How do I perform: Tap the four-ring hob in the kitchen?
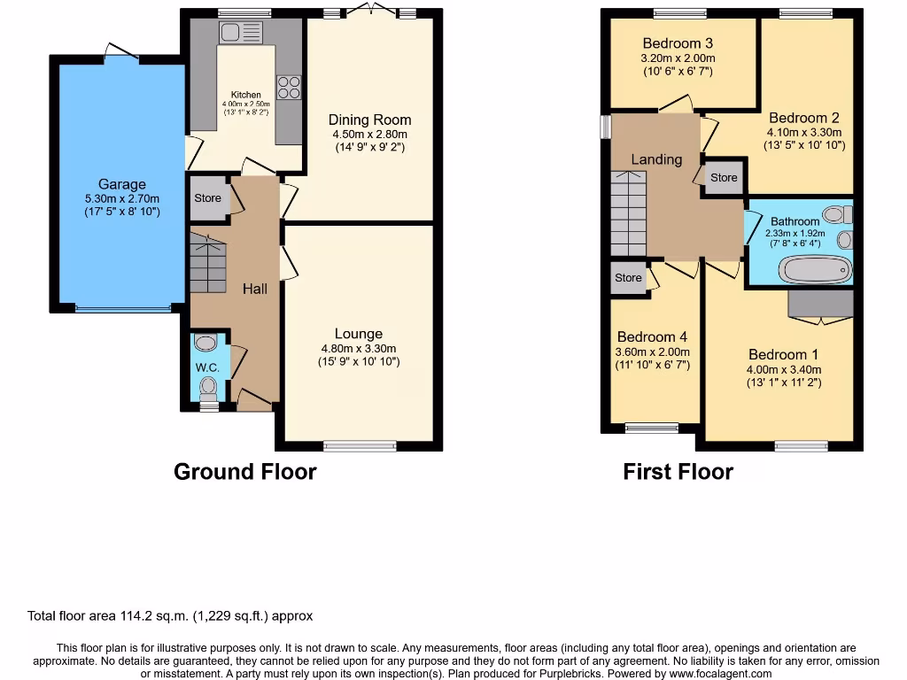[289, 87]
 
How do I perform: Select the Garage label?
[121, 184]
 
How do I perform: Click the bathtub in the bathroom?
[813, 269]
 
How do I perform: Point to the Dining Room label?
[369, 120]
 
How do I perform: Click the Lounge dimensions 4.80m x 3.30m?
[358, 348]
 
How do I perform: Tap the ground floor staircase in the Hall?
[207, 263]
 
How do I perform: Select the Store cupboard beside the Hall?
[207, 198]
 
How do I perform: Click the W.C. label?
[207, 367]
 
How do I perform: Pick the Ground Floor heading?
[244, 471]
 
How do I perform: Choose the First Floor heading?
[678, 471]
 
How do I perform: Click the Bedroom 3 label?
[678, 43]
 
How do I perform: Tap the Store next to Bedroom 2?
[723, 177]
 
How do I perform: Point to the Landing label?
[656, 159]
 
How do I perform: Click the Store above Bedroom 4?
[628, 278]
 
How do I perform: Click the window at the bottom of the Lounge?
[360, 445]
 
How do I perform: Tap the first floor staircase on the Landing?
[629, 212]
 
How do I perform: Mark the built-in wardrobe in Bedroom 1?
[821, 303]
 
